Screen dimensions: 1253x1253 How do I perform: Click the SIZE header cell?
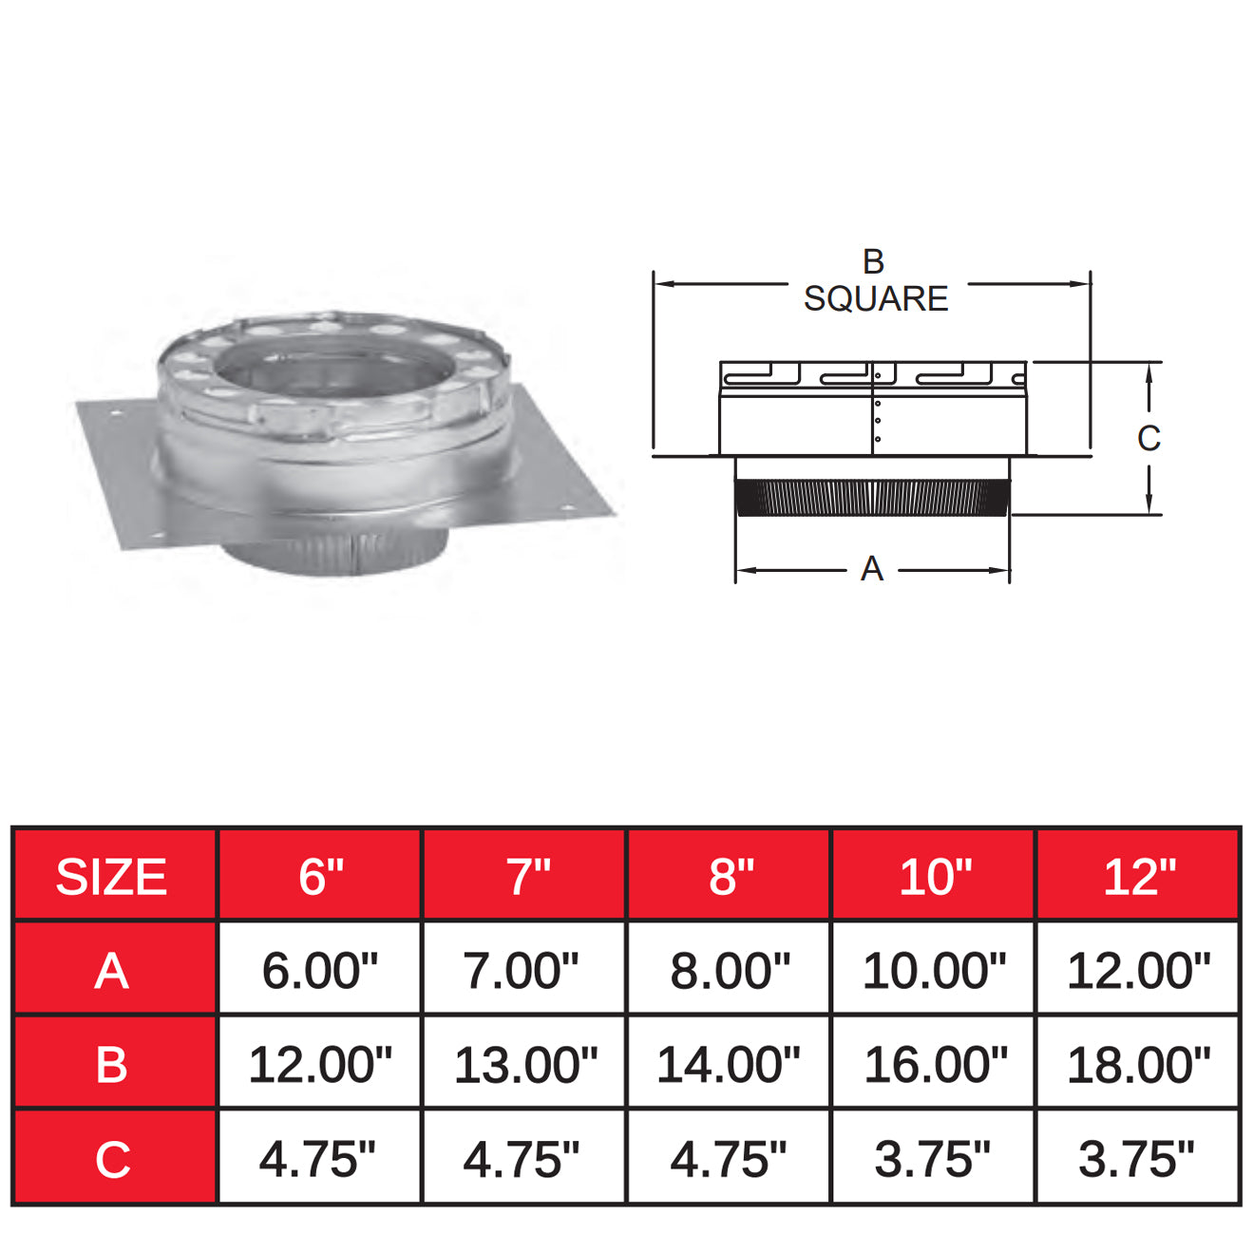pos(112,876)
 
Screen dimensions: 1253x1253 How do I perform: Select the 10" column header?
pos(934,876)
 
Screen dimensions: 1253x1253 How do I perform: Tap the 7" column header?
pos(525,876)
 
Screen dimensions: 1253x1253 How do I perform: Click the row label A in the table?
pos(112,970)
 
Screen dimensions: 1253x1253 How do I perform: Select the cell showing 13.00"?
pos(525,1064)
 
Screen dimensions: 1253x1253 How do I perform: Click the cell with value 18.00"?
pos(1138,1064)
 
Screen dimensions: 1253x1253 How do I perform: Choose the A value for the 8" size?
pos(730,970)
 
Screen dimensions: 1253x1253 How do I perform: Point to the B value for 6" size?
pos(320,1064)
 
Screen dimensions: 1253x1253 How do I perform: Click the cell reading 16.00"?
pos(935,1064)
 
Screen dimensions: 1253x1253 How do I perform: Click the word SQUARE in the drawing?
pos(875,299)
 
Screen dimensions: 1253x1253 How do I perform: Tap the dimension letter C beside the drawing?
pos(1149,438)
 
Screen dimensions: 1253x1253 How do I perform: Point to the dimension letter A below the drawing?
pos(871,569)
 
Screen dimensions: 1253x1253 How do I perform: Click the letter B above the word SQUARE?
pos(873,261)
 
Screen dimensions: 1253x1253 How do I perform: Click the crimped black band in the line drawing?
pos(871,497)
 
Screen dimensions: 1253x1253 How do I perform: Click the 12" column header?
pos(1138,876)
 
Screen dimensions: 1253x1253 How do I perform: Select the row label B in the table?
pos(112,1064)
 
